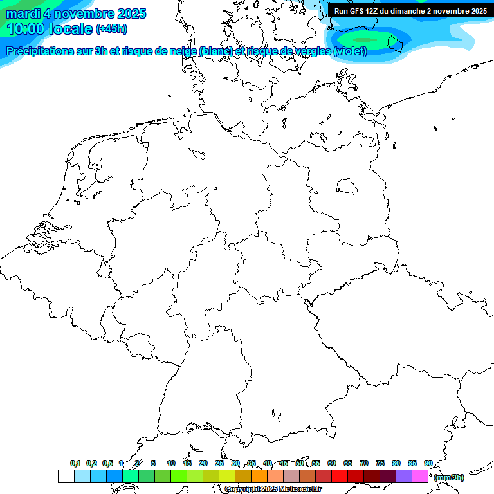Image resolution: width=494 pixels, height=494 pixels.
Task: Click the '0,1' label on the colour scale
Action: pos(75,463)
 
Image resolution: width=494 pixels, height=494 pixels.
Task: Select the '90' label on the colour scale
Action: pos(428,463)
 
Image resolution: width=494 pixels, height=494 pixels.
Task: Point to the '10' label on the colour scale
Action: pos(171,463)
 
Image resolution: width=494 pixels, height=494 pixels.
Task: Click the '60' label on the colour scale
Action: pos(332,463)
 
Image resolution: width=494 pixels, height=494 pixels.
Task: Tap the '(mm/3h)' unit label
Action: pos(448,477)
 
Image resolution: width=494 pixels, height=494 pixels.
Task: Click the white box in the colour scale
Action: pos(66,476)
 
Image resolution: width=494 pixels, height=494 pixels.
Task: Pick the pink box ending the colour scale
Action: pos(420,476)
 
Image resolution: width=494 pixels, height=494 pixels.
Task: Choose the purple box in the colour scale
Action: pos(404,476)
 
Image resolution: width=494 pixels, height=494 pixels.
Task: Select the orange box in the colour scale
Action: pos(259,476)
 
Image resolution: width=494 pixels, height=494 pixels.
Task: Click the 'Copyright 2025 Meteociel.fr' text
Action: pos(273,489)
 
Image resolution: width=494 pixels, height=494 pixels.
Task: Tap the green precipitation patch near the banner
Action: pos(373,40)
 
